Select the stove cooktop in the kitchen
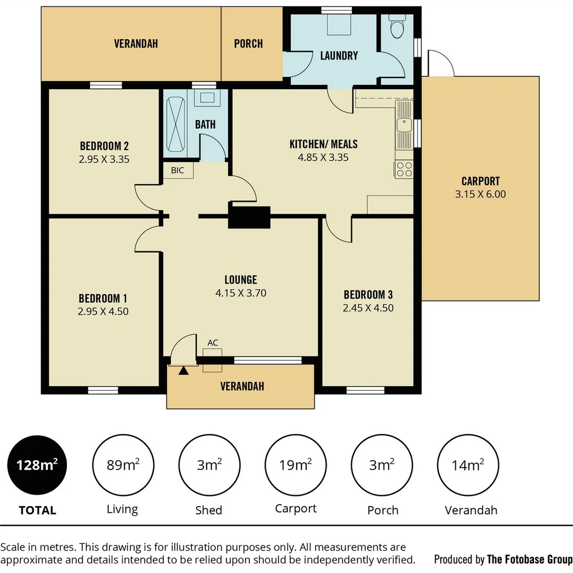point(404,169)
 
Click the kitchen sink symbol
point(404,125)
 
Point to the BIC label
point(177,170)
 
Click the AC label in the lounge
point(213,343)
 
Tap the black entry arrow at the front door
point(184,370)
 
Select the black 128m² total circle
point(37,465)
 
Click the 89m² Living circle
point(123,465)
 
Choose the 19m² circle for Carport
point(296,465)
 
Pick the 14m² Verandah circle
point(467,465)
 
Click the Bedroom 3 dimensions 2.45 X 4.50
point(368,308)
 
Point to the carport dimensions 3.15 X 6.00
point(480,194)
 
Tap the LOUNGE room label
point(240,280)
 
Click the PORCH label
point(248,44)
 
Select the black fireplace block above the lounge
point(249,216)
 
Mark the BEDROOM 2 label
point(104,145)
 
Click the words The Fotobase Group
point(529,559)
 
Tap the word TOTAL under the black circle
point(37,510)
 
